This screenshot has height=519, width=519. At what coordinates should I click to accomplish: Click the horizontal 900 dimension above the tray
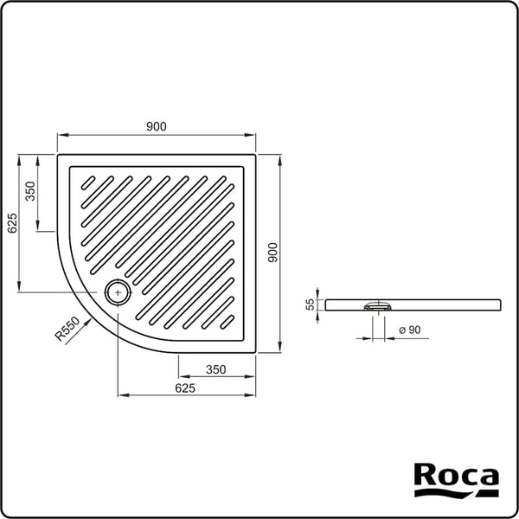tap(156, 126)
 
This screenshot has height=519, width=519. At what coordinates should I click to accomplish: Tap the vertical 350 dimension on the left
tap(30, 191)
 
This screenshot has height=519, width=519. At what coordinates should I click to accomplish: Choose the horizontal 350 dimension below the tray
tap(215, 369)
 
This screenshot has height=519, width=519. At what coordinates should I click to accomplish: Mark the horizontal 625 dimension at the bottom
tap(184, 388)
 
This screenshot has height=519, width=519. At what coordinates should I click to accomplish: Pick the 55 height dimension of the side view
tap(309, 304)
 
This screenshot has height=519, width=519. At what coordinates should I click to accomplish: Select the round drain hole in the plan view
tap(118, 292)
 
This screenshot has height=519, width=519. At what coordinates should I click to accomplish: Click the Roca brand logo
tap(456, 481)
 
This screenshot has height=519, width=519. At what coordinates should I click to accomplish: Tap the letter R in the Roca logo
tap(424, 476)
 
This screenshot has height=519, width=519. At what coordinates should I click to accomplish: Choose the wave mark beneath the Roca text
tap(456, 494)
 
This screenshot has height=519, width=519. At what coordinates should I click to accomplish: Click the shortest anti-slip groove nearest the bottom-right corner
tap(229, 323)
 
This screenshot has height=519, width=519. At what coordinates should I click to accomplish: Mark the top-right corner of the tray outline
tap(256, 156)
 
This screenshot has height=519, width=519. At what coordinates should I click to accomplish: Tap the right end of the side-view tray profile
tap(500, 304)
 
